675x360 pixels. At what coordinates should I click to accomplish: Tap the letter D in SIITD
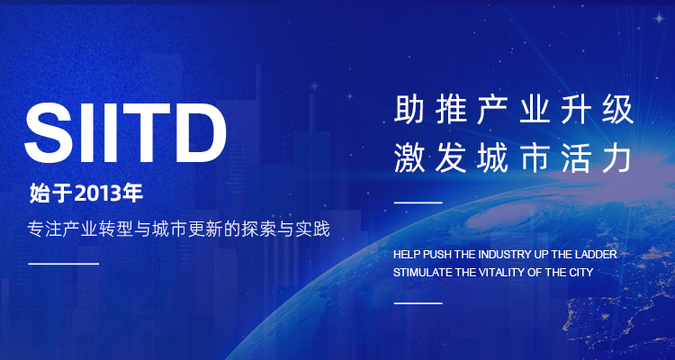point(201,133)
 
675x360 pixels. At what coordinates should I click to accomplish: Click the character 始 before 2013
point(38,193)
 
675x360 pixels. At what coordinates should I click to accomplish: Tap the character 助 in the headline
point(407,110)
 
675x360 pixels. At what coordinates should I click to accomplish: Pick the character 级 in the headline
point(619,110)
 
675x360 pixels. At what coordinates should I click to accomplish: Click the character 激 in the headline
point(407,159)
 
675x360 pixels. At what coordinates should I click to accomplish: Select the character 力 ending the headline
point(619,160)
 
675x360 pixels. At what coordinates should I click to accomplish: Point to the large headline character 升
point(577,110)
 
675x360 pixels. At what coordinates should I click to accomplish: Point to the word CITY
point(581,273)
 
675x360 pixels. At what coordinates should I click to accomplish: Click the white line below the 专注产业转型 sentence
point(64,264)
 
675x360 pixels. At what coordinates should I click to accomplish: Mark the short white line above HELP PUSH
point(418,202)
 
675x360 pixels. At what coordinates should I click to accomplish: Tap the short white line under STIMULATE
point(418,303)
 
